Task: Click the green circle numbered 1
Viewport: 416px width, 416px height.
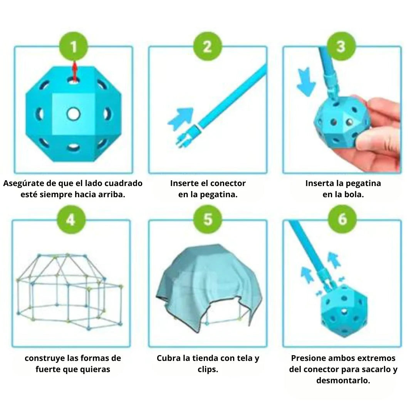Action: pyautogui.click(x=73, y=47)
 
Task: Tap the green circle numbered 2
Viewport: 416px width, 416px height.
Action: pyautogui.click(x=207, y=47)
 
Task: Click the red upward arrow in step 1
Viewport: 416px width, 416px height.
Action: pyautogui.click(x=75, y=72)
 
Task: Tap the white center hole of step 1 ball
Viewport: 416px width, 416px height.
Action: pyautogui.click(x=73, y=114)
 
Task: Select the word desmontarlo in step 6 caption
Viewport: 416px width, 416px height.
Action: pyautogui.click(x=343, y=381)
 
